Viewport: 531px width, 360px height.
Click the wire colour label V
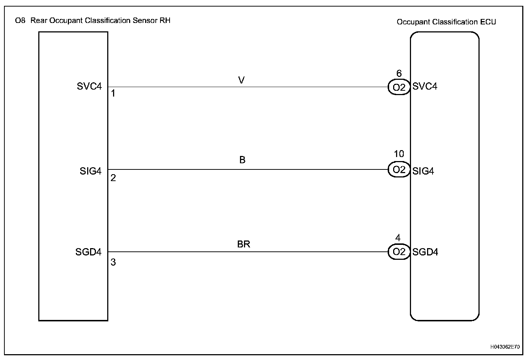coord(241,80)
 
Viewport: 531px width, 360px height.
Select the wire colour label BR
coord(244,244)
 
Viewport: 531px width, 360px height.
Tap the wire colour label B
coord(243,160)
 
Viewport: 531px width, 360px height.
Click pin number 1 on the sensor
coord(113,94)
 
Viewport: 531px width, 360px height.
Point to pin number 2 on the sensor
coord(113,178)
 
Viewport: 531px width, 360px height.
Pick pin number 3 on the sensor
coord(113,262)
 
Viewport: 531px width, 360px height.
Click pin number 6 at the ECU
coord(399,74)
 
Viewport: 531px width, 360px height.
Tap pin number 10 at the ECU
coord(399,154)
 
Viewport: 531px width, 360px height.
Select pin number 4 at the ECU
coord(398,238)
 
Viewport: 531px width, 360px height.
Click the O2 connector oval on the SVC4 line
coord(399,87)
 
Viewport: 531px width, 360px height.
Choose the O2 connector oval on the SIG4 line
coord(399,170)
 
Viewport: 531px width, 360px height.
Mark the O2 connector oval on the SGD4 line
coord(399,252)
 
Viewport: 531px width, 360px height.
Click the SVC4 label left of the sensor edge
coord(89,87)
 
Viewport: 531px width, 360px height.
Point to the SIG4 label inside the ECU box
coord(423,171)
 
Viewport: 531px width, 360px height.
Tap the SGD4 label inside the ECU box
coord(425,252)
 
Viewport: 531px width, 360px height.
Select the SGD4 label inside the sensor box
coord(88,252)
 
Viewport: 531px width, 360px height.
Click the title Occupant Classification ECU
coord(446,22)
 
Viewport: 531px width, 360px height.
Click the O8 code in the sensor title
coord(20,20)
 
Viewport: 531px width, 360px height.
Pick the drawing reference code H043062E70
coord(505,347)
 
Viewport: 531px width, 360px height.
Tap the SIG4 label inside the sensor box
coord(90,171)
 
